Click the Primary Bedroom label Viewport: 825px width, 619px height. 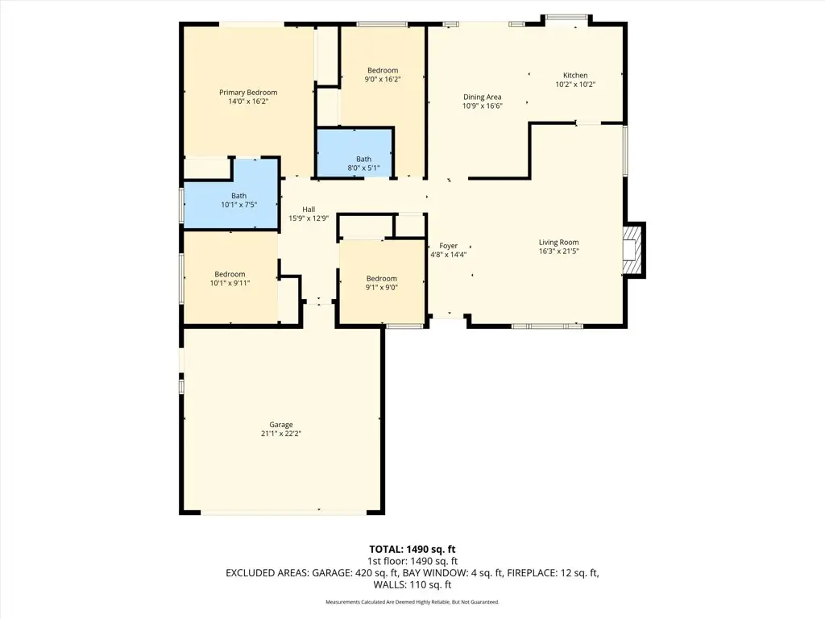pos(248,93)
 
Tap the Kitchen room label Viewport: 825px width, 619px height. pos(575,76)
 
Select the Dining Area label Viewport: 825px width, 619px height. pos(482,97)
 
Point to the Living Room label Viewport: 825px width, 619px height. pos(558,243)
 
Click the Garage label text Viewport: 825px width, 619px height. pos(280,425)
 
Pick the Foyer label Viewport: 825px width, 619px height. pos(448,246)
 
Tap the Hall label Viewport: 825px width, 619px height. pos(309,209)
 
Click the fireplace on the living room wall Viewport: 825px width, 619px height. pos(634,250)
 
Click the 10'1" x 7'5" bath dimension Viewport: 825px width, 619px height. pos(238,205)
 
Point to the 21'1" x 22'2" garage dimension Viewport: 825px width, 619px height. pos(280,434)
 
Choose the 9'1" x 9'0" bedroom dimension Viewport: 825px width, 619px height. pos(381,288)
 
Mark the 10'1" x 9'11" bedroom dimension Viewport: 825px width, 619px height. pos(229,284)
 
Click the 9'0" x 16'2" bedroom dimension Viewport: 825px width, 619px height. pos(383,80)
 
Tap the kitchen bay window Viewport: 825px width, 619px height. pos(567,18)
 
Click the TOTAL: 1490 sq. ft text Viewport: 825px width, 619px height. pos(412,549)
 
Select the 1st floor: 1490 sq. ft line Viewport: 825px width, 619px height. pos(412,561)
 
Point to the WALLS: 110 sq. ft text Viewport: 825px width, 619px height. pos(412,585)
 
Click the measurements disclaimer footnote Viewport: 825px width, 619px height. pos(412,602)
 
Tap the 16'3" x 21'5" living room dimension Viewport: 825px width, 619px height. pos(558,251)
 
